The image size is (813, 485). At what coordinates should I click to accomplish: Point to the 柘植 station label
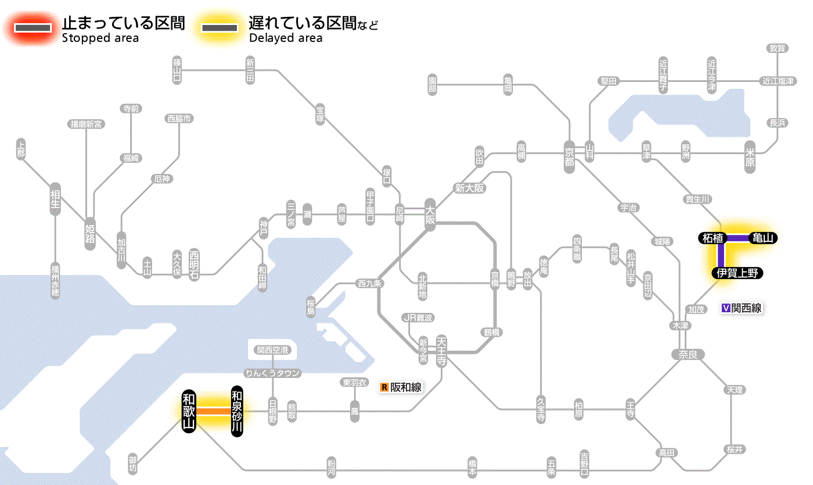tap(713, 238)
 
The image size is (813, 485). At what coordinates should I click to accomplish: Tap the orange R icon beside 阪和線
tap(384, 387)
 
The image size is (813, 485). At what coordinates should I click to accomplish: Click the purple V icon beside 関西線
tap(725, 308)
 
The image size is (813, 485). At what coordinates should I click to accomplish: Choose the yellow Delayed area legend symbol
tap(219, 28)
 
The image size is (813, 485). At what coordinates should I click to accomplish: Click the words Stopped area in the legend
tap(100, 38)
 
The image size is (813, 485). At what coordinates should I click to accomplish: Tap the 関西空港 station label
tap(272, 350)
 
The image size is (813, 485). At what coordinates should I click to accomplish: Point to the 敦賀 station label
tap(777, 48)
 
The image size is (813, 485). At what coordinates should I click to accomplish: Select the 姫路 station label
tap(90, 233)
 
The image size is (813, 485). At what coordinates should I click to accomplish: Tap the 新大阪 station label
tap(470, 188)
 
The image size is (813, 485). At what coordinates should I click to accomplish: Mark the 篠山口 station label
tap(177, 70)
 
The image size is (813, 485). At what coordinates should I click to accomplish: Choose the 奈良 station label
tap(687, 354)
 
